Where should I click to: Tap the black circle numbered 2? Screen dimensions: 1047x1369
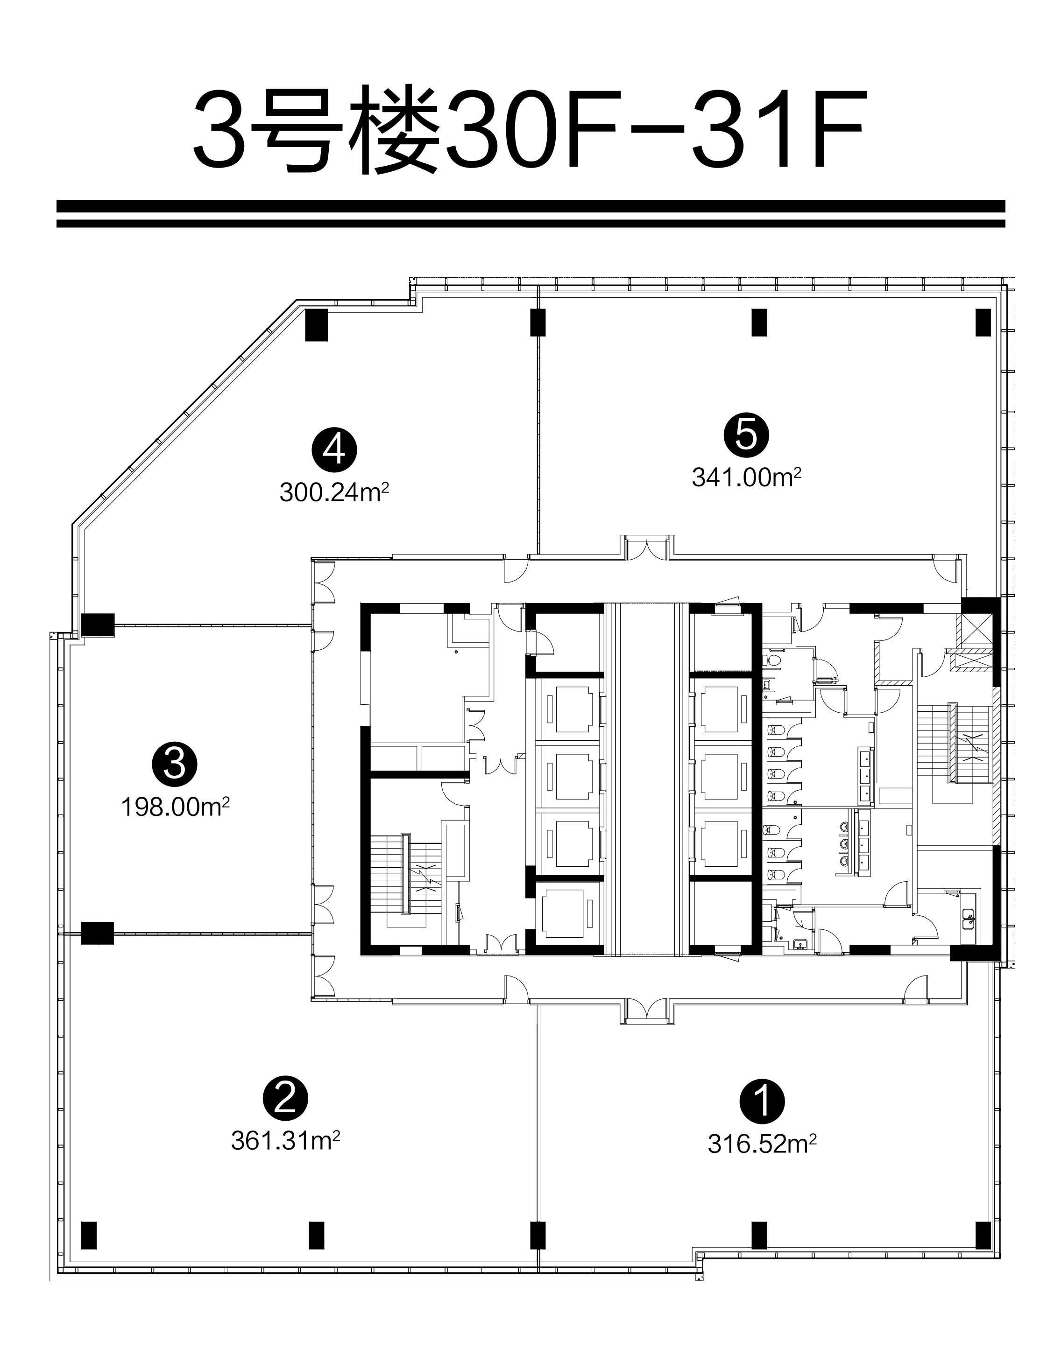tap(285, 1099)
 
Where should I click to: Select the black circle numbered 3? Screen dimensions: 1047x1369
tap(175, 763)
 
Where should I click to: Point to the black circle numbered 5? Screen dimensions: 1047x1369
tap(746, 434)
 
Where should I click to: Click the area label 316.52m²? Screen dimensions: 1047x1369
tap(762, 1144)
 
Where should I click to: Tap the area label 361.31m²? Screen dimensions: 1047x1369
tap(285, 1140)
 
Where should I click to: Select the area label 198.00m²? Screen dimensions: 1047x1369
tap(175, 807)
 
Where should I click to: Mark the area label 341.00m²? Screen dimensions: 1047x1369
tap(746, 477)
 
